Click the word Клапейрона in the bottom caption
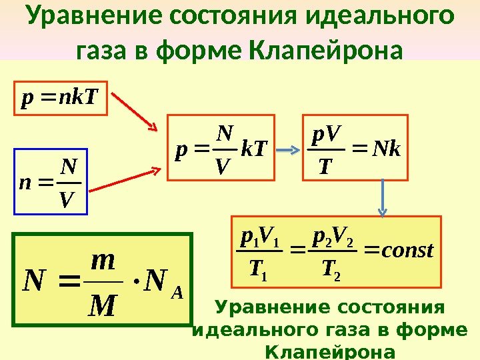click(x=329, y=351)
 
